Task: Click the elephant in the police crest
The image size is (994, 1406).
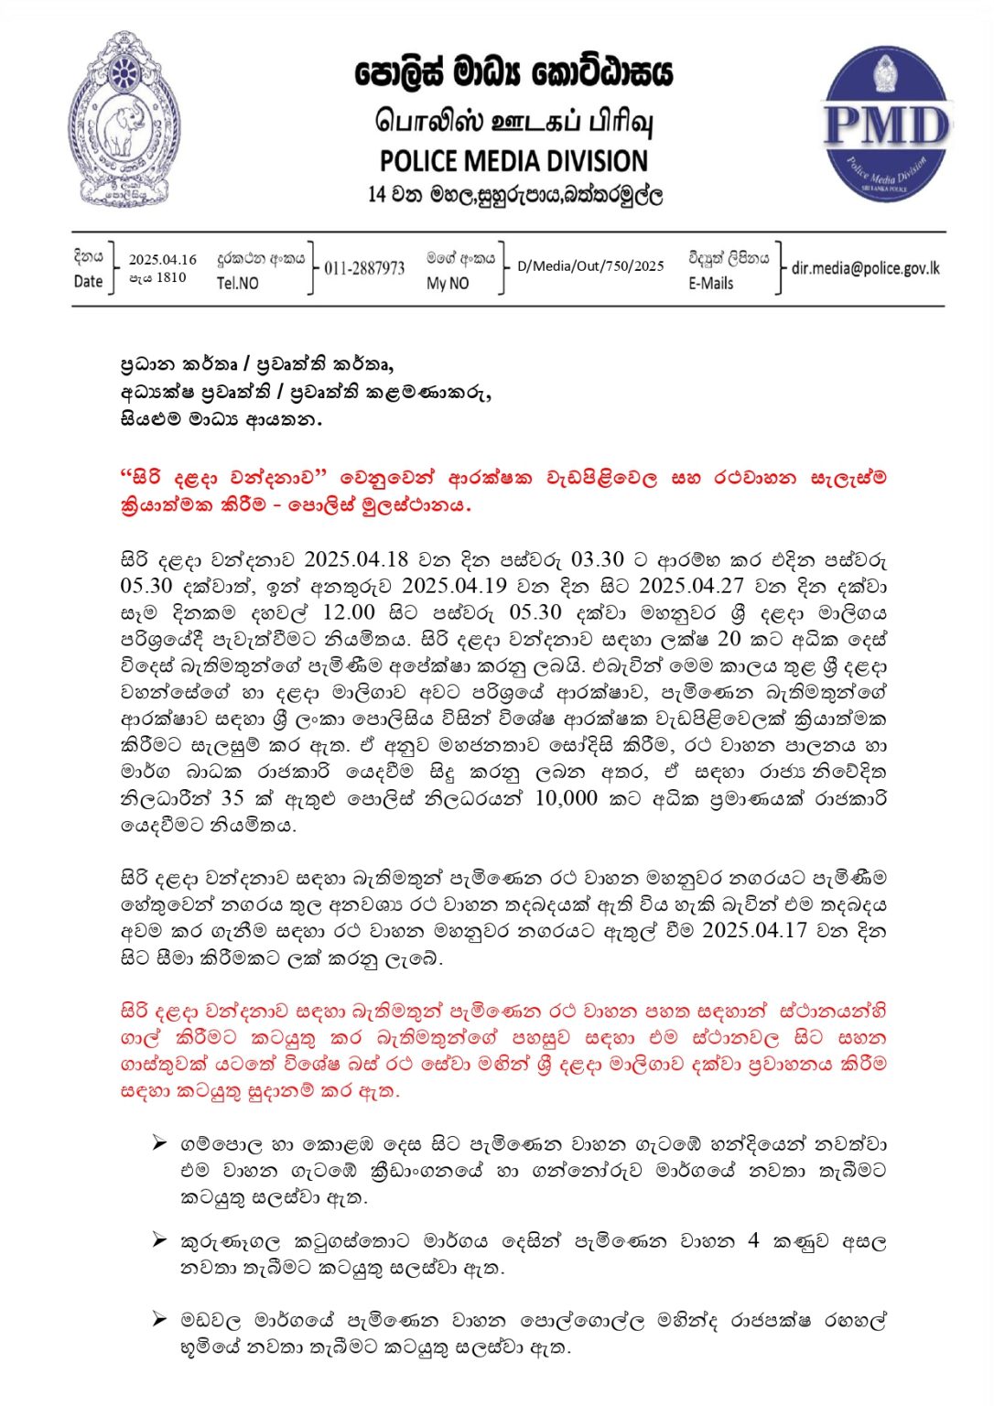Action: click(x=122, y=129)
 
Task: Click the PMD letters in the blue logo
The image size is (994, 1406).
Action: click(x=886, y=124)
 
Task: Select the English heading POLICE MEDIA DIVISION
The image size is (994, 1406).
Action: click(x=513, y=161)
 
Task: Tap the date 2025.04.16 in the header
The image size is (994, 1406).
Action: click(x=162, y=260)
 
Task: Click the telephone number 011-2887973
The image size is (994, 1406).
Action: click(x=364, y=268)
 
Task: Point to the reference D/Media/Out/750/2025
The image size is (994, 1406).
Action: click(x=590, y=266)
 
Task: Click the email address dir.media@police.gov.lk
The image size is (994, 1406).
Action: click(x=865, y=268)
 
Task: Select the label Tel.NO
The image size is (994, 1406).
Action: click(x=237, y=284)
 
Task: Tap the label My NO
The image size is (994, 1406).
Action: click(x=448, y=284)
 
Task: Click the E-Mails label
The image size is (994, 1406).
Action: click(x=711, y=284)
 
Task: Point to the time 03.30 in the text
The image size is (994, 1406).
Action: click(x=598, y=559)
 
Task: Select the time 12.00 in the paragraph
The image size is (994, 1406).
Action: click(x=350, y=612)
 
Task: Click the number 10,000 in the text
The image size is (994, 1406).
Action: click(x=566, y=798)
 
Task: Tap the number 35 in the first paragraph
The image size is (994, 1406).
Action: click(x=232, y=798)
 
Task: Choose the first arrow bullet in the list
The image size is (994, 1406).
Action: click(x=160, y=1143)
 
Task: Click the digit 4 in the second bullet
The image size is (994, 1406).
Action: click(x=753, y=1241)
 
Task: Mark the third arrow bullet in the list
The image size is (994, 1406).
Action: click(x=160, y=1320)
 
